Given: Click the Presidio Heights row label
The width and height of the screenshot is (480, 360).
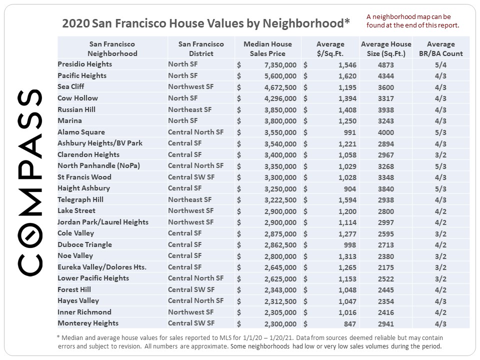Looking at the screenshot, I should pos(84,64).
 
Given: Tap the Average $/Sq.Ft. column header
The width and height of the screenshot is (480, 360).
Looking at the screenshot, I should pos(330,48).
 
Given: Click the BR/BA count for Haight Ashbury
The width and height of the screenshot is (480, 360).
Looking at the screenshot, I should pos(440,188).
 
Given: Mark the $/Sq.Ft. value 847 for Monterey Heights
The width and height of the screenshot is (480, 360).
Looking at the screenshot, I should pos(349,323).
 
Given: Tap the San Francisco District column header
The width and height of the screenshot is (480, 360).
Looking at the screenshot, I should pos(201,48).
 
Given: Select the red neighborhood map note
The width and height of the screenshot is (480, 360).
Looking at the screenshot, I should pos(412,20).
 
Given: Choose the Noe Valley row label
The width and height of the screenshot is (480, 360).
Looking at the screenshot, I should pos(75,256).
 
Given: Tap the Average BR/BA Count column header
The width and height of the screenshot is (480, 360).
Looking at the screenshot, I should pos(440,48).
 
